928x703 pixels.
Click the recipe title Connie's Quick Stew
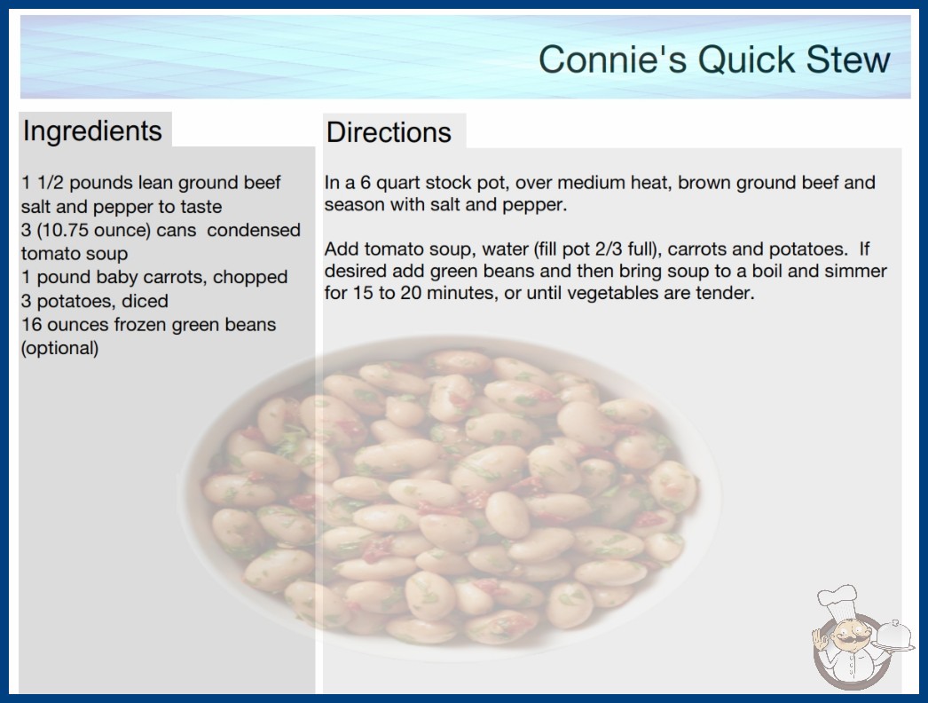[x=714, y=59]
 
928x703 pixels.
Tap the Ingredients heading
[x=92, y=131]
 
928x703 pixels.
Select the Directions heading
[x=389, y=132]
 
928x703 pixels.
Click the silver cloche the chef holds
[x=893, y=636]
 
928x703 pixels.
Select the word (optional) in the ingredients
[x=59, y=348]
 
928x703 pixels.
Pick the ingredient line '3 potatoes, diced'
[x=95, y=301]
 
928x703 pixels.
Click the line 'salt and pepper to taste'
[x=122, y=207]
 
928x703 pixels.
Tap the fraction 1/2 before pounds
[x=51, y=183]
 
